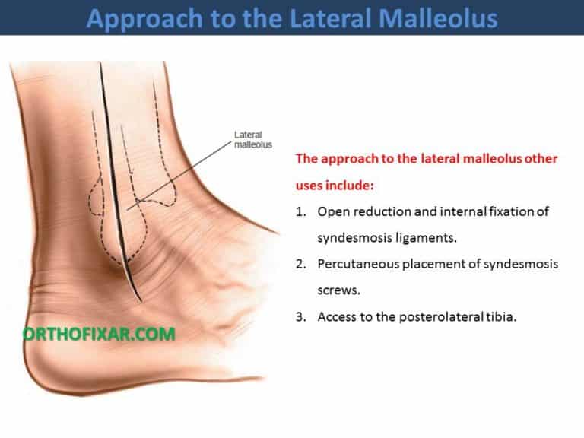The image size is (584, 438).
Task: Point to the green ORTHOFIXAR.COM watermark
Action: [x=100, y=333]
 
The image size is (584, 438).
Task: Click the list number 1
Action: [x=300, y=211]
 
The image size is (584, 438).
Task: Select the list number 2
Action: [x=300, y=264]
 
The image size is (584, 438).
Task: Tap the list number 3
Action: [x=300, y=316]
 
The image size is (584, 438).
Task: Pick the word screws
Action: [x=336, y=290]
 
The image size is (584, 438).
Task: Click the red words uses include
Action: [x=339, y=185]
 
